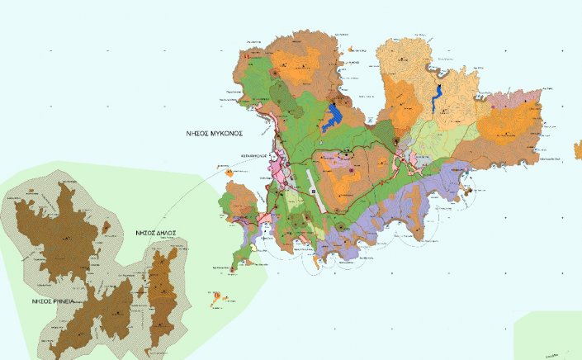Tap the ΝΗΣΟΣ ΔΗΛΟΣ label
coord(158,234)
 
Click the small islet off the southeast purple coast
coord(470,192)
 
